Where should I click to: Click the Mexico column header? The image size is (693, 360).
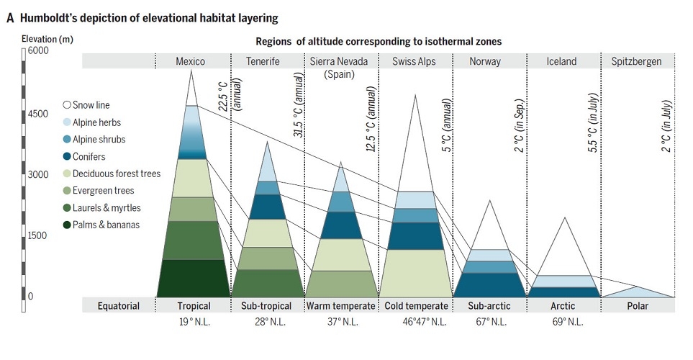[x=191, y=61]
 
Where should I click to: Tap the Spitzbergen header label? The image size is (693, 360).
[x=636, y=61]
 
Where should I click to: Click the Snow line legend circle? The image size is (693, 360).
[x=67, y=106]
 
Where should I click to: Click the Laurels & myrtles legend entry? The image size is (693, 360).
[x=107, y=208]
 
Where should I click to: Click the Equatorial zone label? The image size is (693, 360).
[x=119, y=306]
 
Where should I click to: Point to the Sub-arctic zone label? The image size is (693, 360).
[x=489, y=306]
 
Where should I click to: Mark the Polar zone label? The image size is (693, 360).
[x=637, y=306]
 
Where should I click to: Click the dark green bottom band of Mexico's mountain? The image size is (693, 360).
[x=192, y=278]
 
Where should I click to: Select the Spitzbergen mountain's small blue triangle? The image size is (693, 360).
[x=638, y=292]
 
